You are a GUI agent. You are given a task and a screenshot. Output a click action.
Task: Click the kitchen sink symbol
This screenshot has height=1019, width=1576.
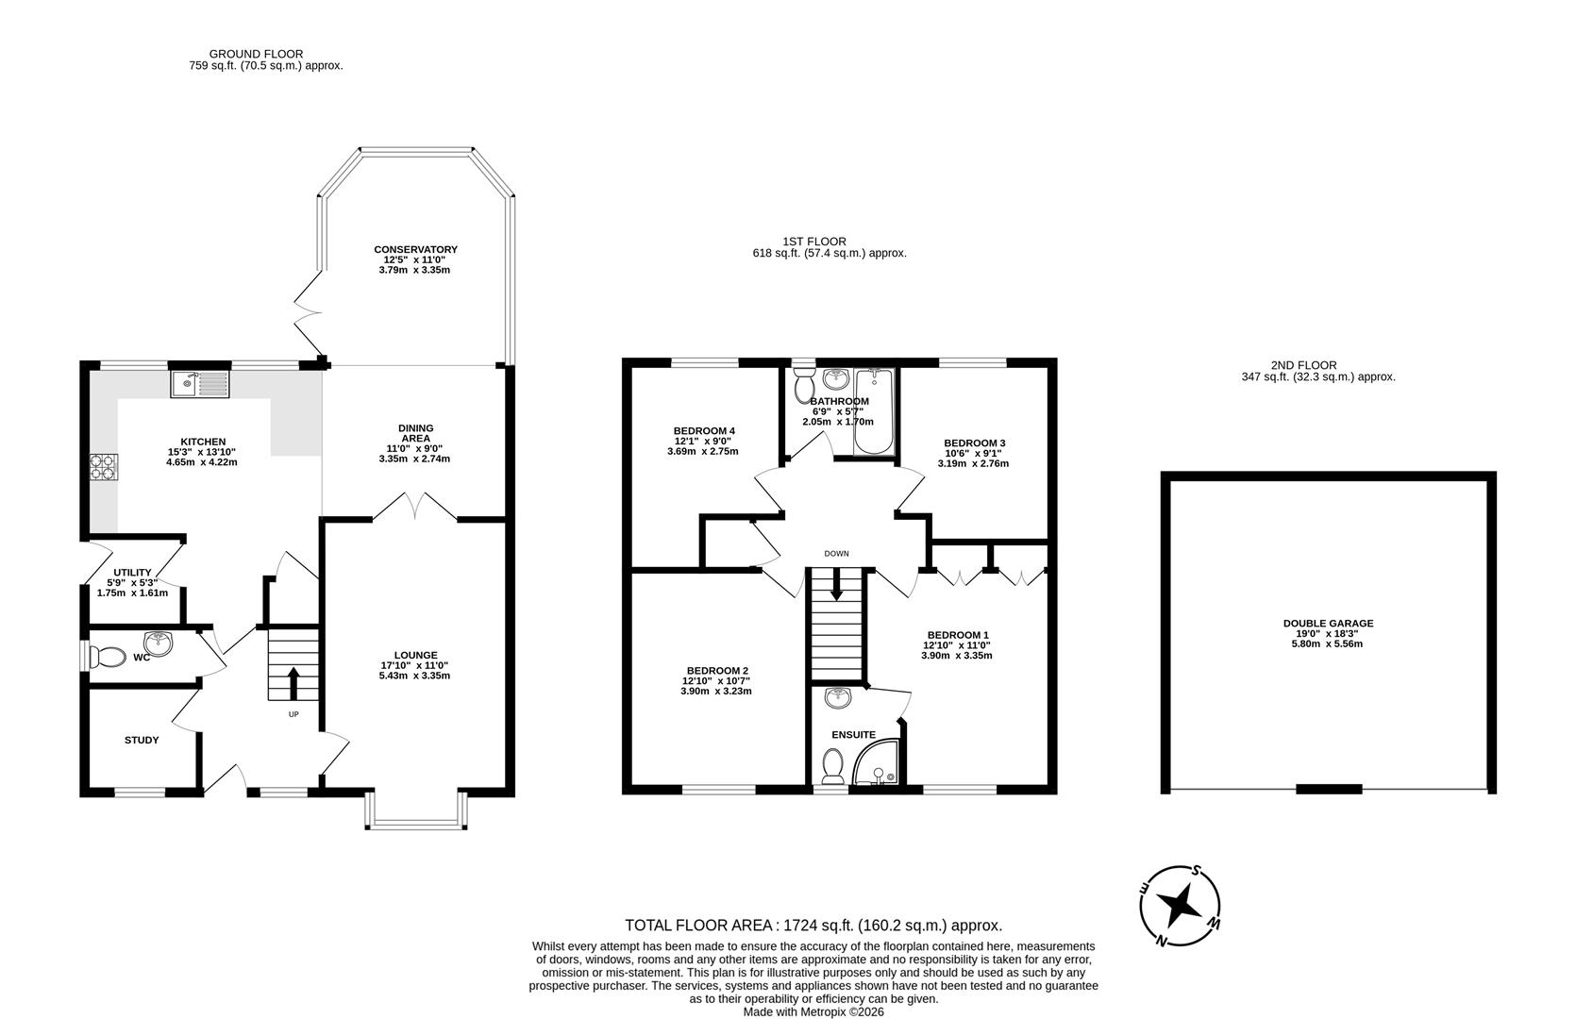(199, 384)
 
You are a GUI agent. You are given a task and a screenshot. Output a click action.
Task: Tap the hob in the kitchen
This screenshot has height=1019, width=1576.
(104, 468)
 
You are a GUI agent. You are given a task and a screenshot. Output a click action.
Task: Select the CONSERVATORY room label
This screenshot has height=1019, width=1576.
(415, 250)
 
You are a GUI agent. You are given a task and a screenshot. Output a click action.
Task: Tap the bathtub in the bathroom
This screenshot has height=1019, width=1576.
(873, 412)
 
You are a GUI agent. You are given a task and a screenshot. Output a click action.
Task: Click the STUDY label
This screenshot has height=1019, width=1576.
(142, 741)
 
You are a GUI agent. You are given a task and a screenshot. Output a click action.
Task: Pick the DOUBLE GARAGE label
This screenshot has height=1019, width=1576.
(1328, 624)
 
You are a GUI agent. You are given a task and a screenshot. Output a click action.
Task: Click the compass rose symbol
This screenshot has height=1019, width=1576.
(1180, 908)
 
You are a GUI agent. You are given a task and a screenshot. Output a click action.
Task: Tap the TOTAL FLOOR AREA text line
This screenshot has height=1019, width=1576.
(813, 926)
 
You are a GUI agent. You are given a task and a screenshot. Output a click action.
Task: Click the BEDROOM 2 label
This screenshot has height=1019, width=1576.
(717, 671)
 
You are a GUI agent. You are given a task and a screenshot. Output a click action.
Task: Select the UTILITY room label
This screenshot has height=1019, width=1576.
(132, 573)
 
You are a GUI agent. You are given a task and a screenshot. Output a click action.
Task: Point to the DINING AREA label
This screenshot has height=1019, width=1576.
(415, 433)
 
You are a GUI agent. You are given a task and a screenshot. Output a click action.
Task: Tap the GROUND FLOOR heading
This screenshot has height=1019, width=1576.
(256, 54)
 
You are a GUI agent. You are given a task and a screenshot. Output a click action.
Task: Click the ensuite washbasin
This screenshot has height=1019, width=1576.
(836, 698)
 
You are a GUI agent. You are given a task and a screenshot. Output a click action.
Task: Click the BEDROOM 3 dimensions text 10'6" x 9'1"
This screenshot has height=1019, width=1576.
(974, 453)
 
